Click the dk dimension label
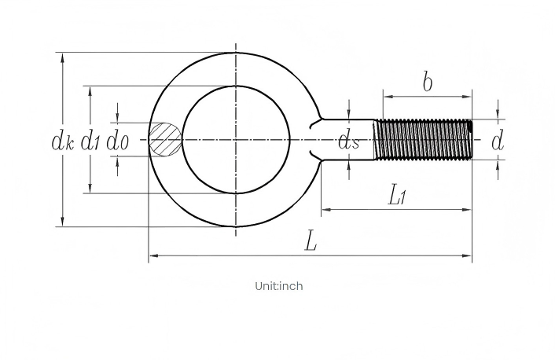point(63,141)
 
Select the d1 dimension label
point(90,141)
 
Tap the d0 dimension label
point(117,141)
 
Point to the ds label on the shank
point(349,141)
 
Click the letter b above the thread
point(428,82)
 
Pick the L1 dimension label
point(397,196)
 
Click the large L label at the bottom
point(311,241)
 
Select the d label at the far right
point(498,141)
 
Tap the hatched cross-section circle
point(164,139)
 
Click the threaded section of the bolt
point(424,139)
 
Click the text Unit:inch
point(279,286)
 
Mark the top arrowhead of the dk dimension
point(63,58)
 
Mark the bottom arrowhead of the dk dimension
point(63,221)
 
